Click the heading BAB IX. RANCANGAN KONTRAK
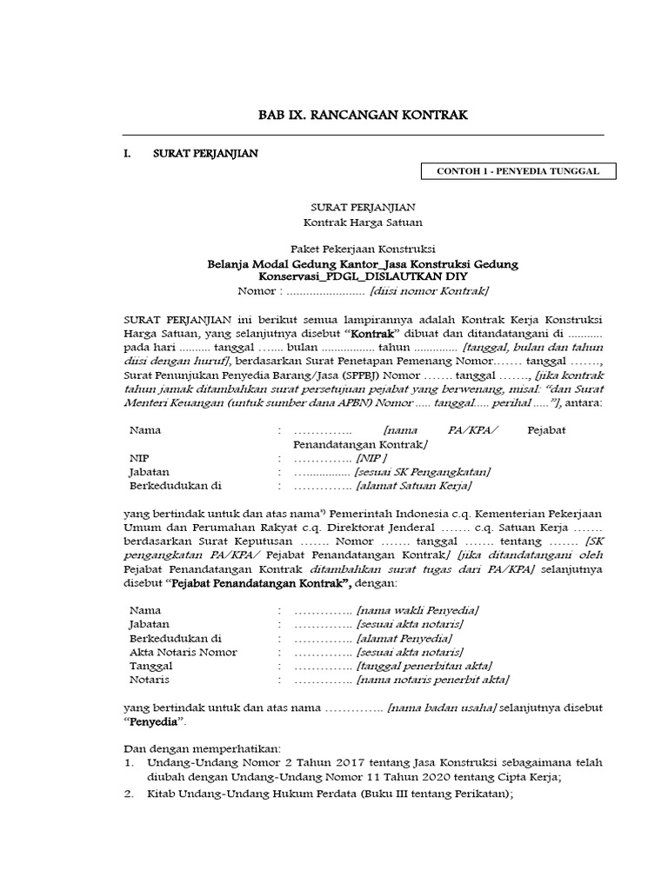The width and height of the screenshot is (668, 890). pos(364,115)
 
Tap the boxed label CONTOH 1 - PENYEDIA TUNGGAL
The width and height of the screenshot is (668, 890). pos(518,172)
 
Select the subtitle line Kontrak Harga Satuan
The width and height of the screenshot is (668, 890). pos(364,222)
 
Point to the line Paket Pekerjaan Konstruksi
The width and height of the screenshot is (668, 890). pos(364,249)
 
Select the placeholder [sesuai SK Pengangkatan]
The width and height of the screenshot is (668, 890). pos(422,472)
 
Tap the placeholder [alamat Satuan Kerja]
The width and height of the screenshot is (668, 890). pos(414,486)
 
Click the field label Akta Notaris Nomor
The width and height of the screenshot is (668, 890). pos(184,652)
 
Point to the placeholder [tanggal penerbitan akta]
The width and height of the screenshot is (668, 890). pos(424,666)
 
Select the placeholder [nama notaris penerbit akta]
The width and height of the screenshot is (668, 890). pos(432,680)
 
